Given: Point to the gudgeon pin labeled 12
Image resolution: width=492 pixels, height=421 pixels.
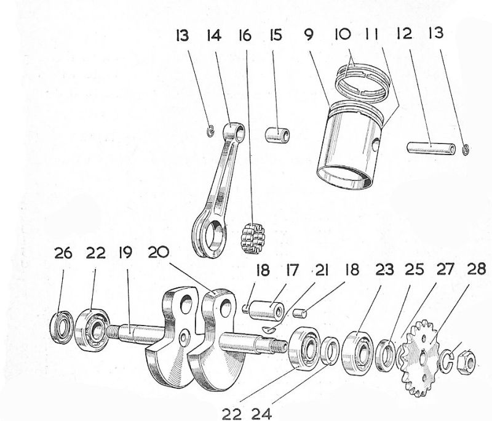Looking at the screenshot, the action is pos(431,148).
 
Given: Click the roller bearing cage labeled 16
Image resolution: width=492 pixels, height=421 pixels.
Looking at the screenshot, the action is pos(253,239).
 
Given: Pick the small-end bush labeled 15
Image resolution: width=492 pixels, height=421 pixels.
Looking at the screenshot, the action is pos(277,135).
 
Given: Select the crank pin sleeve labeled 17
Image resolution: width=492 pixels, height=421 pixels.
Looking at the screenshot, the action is pos(267,310).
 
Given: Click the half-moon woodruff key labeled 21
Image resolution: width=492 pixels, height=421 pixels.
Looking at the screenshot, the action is pos(269,329).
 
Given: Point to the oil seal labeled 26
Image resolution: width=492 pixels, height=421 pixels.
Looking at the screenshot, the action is pos(62,327).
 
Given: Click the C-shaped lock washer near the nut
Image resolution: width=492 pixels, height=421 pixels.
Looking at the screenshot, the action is pos(447,361).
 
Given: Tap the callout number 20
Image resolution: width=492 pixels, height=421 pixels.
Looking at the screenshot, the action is pos(158,252).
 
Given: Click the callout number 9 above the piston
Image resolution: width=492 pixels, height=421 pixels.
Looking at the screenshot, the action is pos(309,34).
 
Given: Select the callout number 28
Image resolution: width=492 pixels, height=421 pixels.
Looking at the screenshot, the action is pos(477,270).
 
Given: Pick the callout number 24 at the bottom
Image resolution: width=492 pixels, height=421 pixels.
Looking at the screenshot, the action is pos(262,414).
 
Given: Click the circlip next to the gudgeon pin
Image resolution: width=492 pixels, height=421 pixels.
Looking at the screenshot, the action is pos(466,150).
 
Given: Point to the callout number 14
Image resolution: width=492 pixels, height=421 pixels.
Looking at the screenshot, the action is pos(213,35).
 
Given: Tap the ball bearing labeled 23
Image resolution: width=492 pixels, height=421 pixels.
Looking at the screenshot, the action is pos(357,353).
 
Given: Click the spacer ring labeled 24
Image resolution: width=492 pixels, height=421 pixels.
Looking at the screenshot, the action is pos(330,351).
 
